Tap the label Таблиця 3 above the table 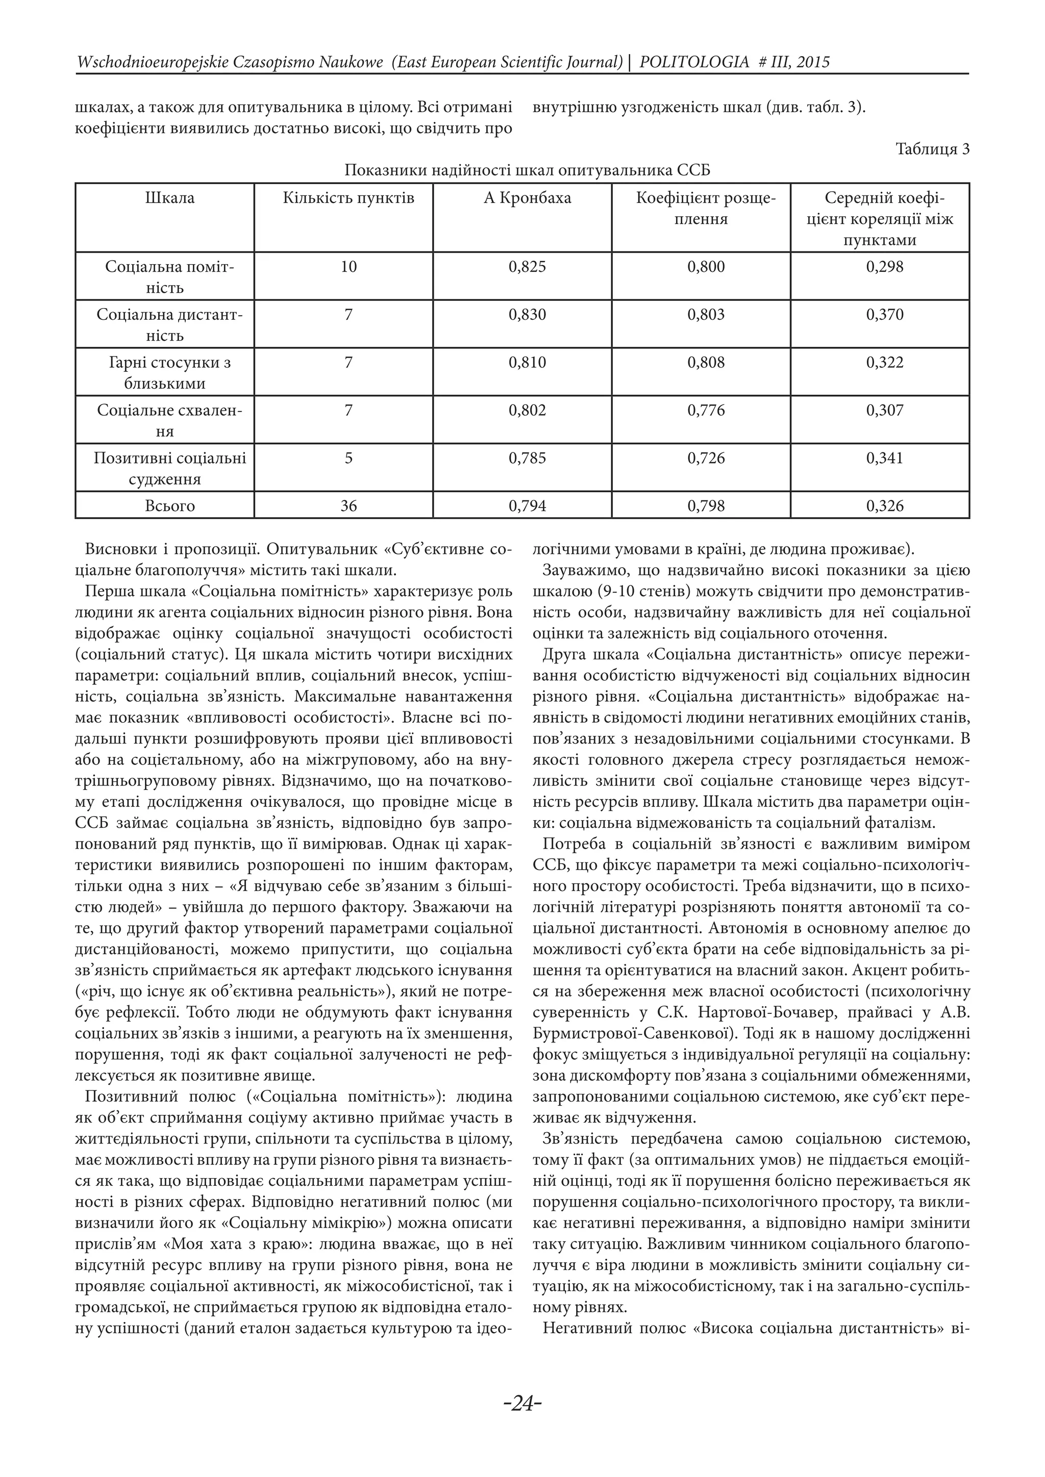(x=932, y=149)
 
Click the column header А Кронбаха (x=527, y=198)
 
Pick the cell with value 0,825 (x=527, y=267)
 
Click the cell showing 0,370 (x=885, y=315)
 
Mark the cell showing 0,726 (x=706, y=458)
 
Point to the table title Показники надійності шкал (x=527, y=171)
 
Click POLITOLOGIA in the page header (x=694, y=62)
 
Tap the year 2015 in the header (x=813, y=62)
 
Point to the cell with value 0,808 (x=706, y=363)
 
